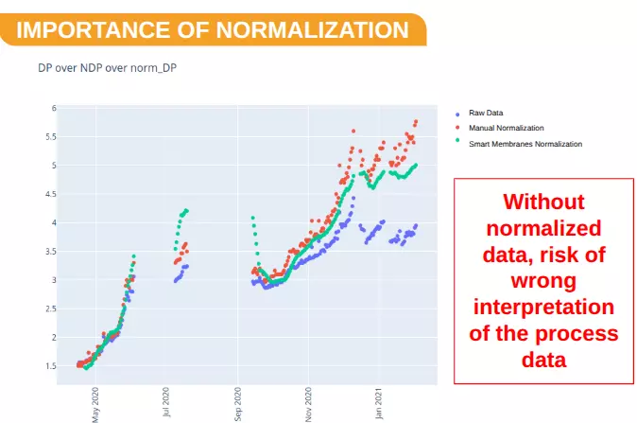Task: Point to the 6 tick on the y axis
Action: point(55,108)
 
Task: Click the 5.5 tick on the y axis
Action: point(52,136)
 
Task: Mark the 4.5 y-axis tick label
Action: point(52,194)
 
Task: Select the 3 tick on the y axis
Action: point(55,280)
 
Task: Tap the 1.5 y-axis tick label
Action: point(52,366)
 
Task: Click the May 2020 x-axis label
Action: point(95,404)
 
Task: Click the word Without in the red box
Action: point(542,202)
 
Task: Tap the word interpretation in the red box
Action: point(543,308)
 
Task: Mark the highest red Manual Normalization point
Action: point(416,122)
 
